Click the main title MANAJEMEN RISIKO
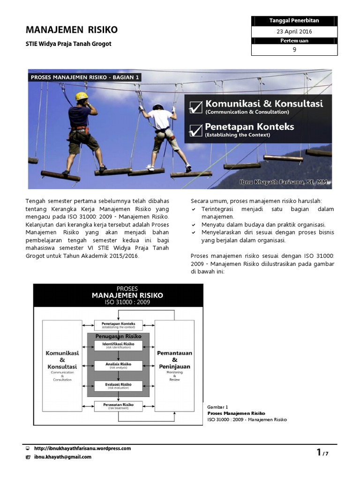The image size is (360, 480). click(71, 30)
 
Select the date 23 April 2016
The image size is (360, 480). click(294, 32)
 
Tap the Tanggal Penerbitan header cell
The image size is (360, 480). click(294, 21)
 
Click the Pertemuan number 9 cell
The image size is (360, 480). click(294, 50)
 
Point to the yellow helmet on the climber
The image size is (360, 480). click(82, 96)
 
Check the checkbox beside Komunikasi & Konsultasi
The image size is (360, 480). click(195, 107)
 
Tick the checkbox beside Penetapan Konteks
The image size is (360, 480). click(195, 130)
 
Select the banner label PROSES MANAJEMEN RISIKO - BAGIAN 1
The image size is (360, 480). click(85, 77)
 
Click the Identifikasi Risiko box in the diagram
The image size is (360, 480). click(118, 345)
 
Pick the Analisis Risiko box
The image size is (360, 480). click(118, 365)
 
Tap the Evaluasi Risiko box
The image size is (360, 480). click(118, 386)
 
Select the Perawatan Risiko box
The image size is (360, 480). click(118, 406)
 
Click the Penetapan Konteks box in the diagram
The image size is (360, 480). click(118, 325)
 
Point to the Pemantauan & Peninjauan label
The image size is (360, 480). click(174, 360)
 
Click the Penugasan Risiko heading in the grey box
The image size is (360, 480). click(118, 336)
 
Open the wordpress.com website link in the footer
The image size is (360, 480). click(82, 449)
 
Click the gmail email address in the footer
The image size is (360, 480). click(62, 457)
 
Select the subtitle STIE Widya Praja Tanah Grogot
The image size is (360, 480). click(68, 44)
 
